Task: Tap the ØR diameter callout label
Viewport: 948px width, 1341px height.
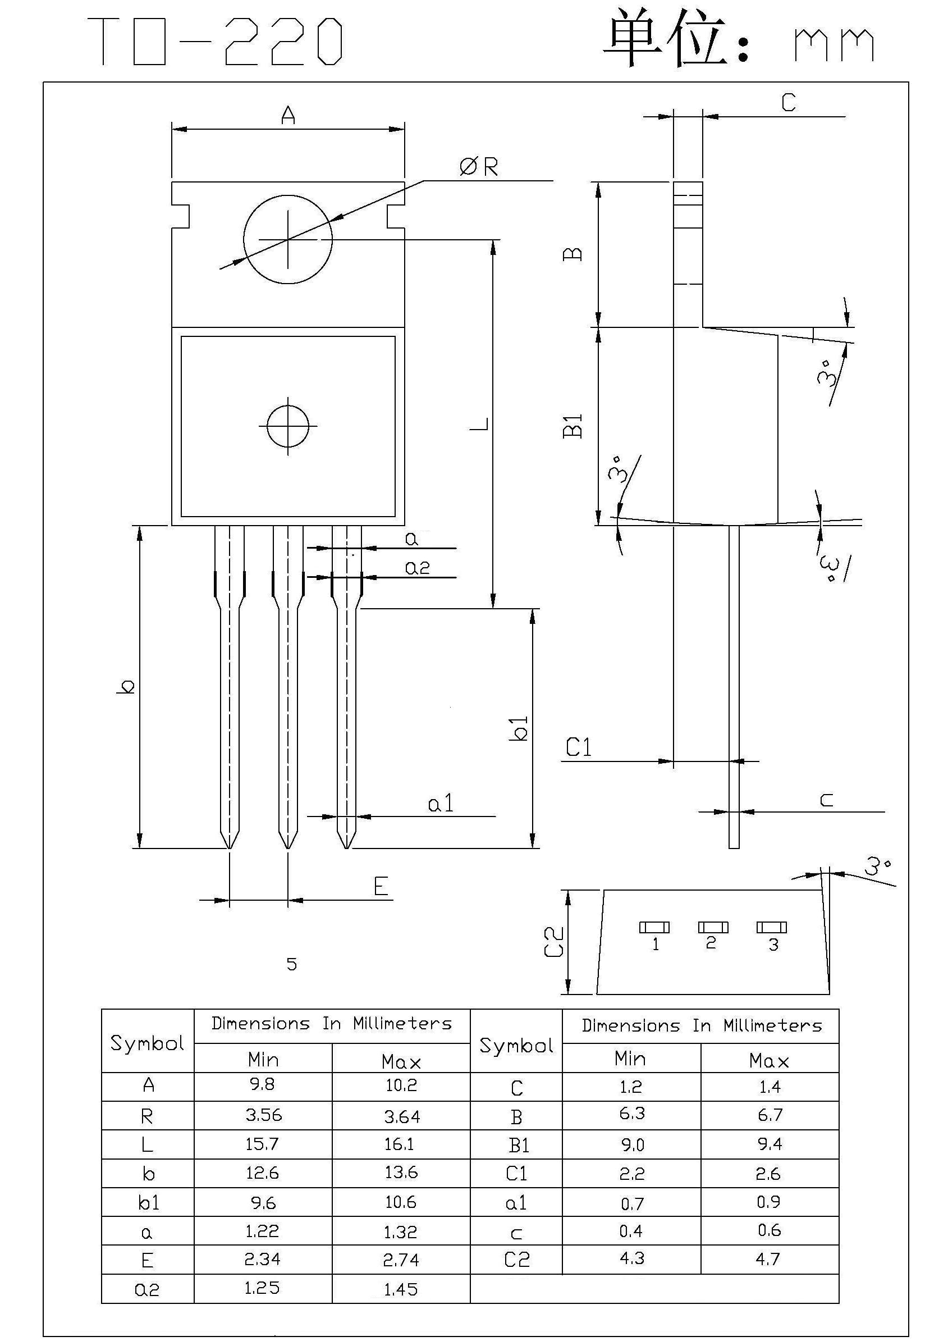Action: point(479,167)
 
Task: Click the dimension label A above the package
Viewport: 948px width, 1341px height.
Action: point(288,115)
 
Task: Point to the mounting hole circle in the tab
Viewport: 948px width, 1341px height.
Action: point(288,239)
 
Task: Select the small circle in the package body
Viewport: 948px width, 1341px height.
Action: point(288,425)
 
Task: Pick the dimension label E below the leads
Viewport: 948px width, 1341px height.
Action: point(381,887)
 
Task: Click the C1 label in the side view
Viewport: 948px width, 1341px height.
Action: point(579,747)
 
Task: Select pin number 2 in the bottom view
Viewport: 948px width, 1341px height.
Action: point(711,943)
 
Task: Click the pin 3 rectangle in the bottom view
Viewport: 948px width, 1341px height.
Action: point(771,927)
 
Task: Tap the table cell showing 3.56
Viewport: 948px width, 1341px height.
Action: point(263,1115)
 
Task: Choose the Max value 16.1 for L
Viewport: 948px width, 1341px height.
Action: point(400,1143)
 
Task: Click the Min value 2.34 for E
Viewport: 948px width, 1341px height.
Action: point(263,1259)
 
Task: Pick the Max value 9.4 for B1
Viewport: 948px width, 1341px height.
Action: point(770,1143)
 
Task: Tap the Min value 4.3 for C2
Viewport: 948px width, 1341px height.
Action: point(631,1258)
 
